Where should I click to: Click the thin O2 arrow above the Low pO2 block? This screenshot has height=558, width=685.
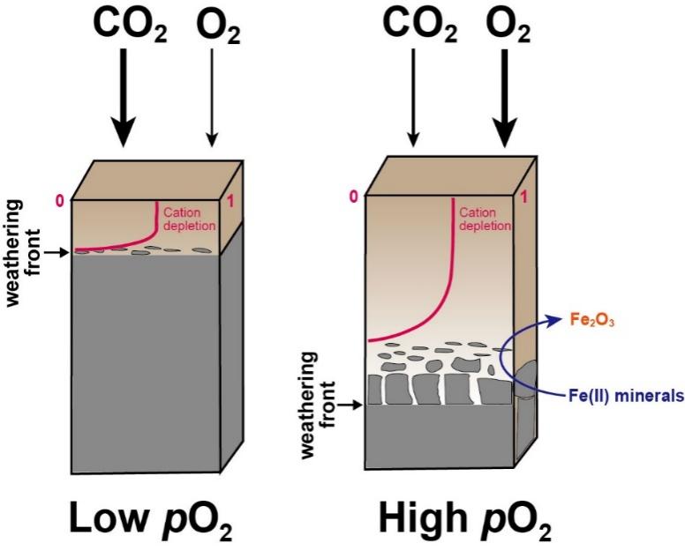click(x=212, y=97)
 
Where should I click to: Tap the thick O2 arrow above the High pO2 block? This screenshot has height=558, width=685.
click(x=505, y=97)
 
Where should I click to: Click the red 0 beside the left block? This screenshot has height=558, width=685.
click(x=60, y=200)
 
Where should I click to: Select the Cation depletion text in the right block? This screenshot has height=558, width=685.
click(x=486, y=219)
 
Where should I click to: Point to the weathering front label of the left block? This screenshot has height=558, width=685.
click(x=19, y=251)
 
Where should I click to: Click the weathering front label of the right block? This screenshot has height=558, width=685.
click(x=317, y=405)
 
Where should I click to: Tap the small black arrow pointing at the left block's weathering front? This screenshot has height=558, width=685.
click(x=55, y=252)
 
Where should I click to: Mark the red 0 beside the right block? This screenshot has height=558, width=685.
click(x=353, y=196)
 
